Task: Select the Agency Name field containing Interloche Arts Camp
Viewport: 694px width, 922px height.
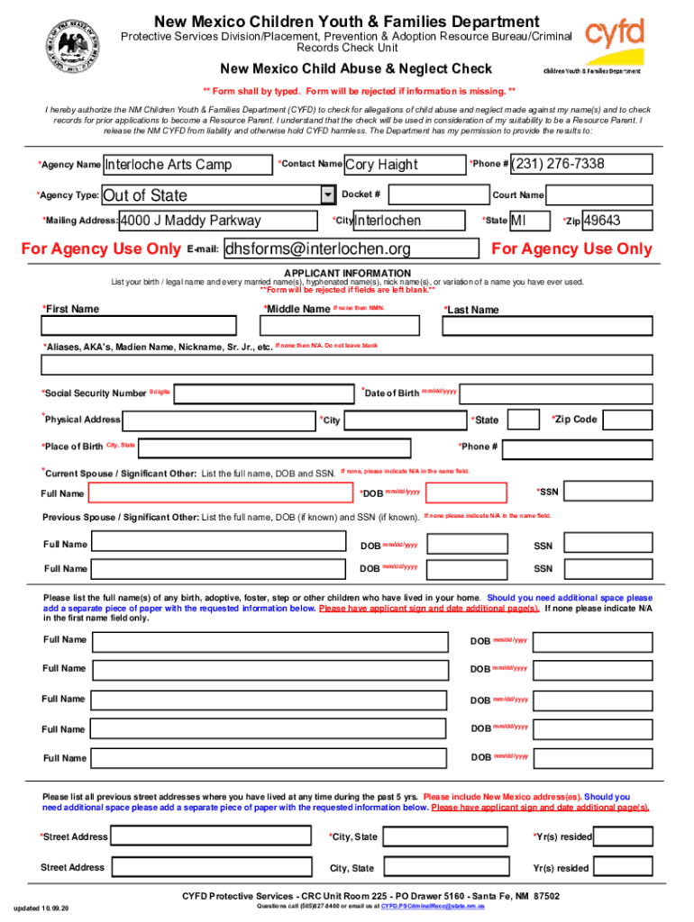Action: pyautogui.click(x=187, y=165)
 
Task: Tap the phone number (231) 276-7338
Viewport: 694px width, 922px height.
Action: pyautogui.click(x=581, y=164)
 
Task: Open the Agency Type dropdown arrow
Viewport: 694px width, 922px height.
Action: pyautogui.click(x=327, y=195)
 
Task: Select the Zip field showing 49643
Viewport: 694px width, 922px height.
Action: pyautogui.click(x=617, y=221)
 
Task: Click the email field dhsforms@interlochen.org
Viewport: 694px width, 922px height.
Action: pyautogui.click(x=350, y=249)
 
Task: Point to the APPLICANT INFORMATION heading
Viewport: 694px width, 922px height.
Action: pyautogui.click(x=347, y=273)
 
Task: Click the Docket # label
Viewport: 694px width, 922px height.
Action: pyautogui.click(x=361, y=194)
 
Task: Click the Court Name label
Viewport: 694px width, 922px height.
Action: pyautogui.click(x=517, y=194)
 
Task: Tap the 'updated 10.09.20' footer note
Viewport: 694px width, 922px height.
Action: pyautogui.click(x=41, y=907)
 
